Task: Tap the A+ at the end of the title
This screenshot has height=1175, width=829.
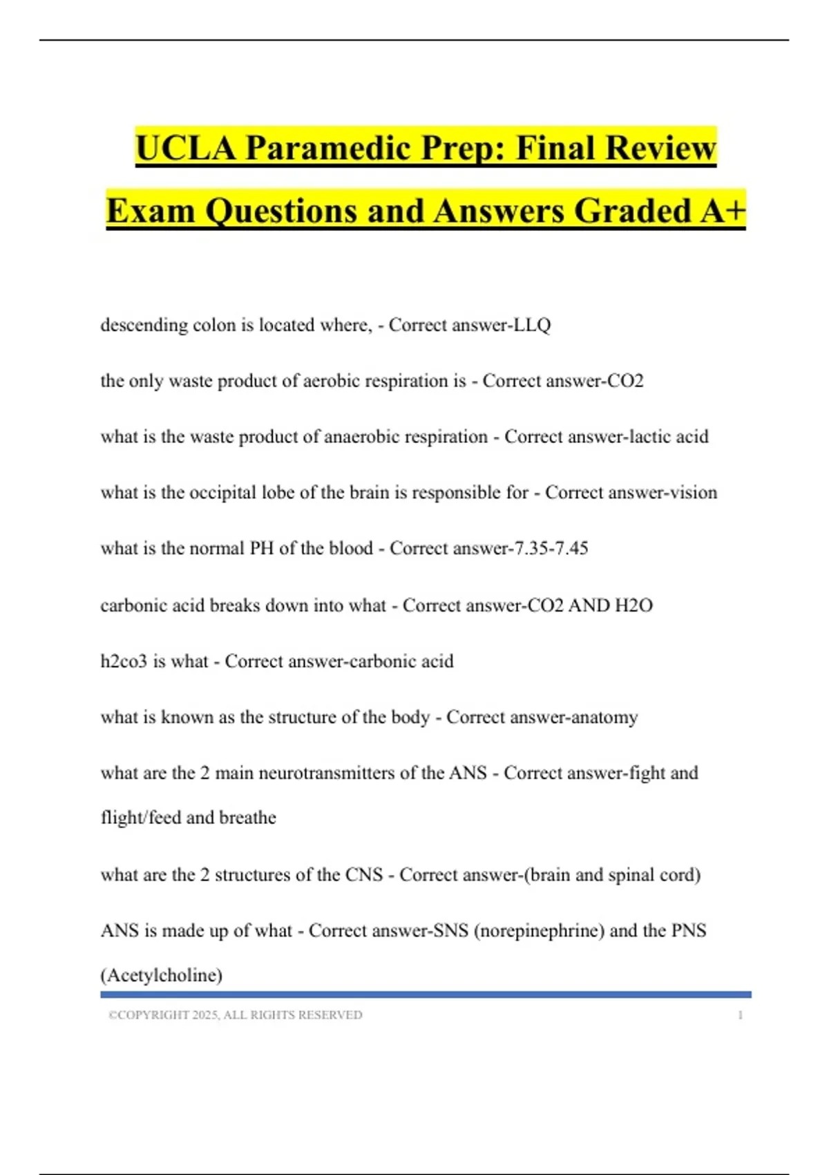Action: (723, 211)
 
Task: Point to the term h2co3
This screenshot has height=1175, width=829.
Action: (124, 661)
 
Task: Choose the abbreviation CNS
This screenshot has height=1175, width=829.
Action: (364, 875)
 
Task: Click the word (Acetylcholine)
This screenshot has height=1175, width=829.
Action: (162, 975)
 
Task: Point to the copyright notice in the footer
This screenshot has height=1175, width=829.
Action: (236, 1015)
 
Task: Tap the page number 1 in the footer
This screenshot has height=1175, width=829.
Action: (741, 1015)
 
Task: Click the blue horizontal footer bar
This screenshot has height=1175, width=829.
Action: (426, 995)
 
